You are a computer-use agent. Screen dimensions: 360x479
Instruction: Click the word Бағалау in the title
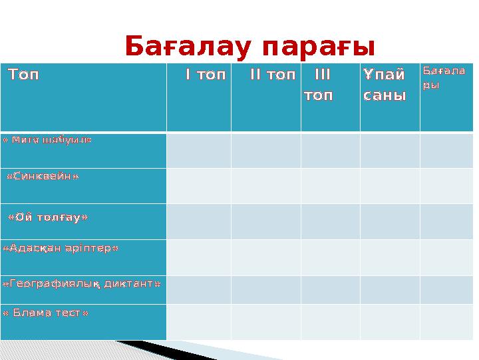pyautogui.click(x=190, y=47)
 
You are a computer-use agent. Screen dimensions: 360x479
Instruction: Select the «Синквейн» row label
pyautogui.click(x=43, y=177)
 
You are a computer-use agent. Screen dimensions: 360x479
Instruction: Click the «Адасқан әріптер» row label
pyautogui.click(x=61, y=248)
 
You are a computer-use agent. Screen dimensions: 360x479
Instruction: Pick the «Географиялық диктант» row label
pyautogui.click(x=82, y=284)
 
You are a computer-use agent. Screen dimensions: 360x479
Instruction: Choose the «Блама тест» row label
pyautogui.click(x=46, y=312)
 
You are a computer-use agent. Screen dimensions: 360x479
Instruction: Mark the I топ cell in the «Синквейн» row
pyautogui.click(x=198, y=186)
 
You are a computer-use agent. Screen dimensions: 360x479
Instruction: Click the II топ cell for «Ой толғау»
pyautogui.click(x=265, y=221)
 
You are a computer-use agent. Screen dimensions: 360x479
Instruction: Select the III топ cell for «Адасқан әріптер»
pyautogui.click(x=330, y=257)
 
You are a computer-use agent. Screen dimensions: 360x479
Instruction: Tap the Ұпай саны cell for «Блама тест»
pyautogui.click(x=389, y=322)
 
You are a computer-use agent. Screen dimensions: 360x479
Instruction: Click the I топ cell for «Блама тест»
pyautogui.click(x=198, y=322)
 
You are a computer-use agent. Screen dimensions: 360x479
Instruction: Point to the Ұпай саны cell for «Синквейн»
pyautogui.click(x=389, y=186)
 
